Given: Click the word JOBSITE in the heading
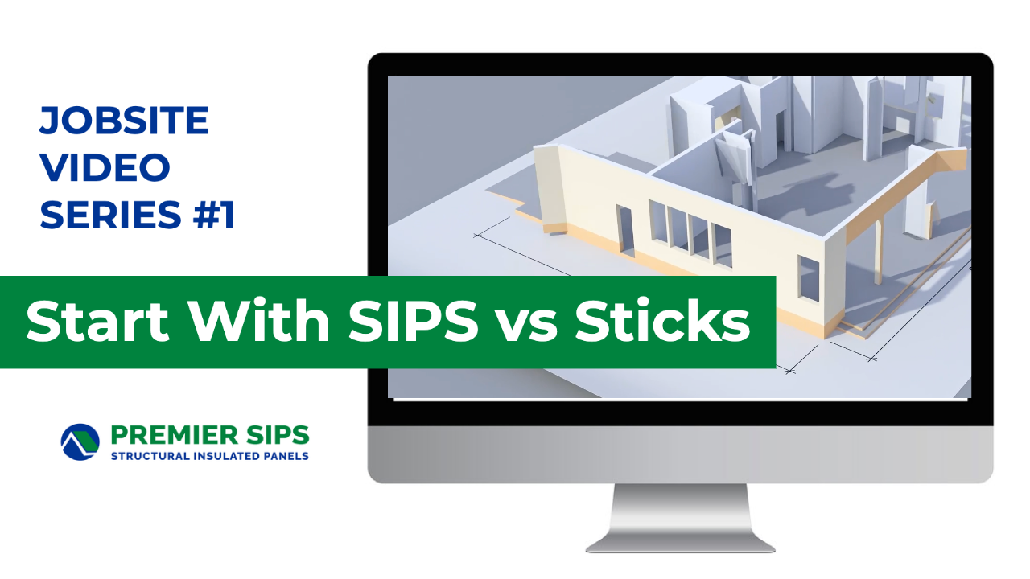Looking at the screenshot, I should coord(124,121).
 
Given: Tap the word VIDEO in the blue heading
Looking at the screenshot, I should coord(105,167).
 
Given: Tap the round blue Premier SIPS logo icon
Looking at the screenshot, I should coord(80,442).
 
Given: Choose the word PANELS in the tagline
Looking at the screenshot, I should coord(285,456).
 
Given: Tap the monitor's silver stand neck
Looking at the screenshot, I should coord(680,507).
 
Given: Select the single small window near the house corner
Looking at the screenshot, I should coord(808,278).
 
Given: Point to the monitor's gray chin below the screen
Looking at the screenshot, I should coord(680,454).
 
